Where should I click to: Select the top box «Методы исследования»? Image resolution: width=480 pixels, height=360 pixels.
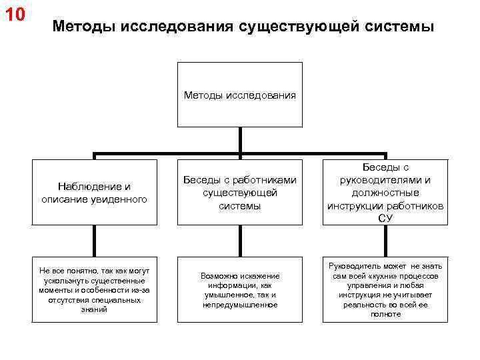pos(240,95)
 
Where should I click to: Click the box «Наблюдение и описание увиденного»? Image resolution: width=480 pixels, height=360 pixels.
pos(94,193)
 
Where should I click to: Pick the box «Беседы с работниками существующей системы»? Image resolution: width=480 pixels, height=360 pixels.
pos(240,193)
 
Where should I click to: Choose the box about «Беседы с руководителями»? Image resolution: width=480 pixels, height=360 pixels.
pos(385,193)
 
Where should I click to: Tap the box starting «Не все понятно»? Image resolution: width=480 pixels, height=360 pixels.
pos(94,290)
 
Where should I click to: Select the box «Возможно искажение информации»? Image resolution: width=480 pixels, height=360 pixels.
pos(240,290)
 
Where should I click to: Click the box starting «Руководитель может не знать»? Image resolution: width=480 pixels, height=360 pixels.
pos(385,290)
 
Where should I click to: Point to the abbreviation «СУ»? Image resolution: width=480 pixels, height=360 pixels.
pos(385,218)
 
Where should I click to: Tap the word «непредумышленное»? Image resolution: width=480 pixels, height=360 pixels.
pos(240,305)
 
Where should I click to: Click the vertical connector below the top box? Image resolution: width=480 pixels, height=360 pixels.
pos(240,141)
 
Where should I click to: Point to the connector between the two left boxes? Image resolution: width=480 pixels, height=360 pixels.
pos(94,241)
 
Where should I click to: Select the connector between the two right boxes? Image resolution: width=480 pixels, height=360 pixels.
pos(385,241)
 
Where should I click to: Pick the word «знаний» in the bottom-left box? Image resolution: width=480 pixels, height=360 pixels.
pos(94,309)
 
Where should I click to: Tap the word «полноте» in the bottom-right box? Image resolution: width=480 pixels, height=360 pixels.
pos(385,313)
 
